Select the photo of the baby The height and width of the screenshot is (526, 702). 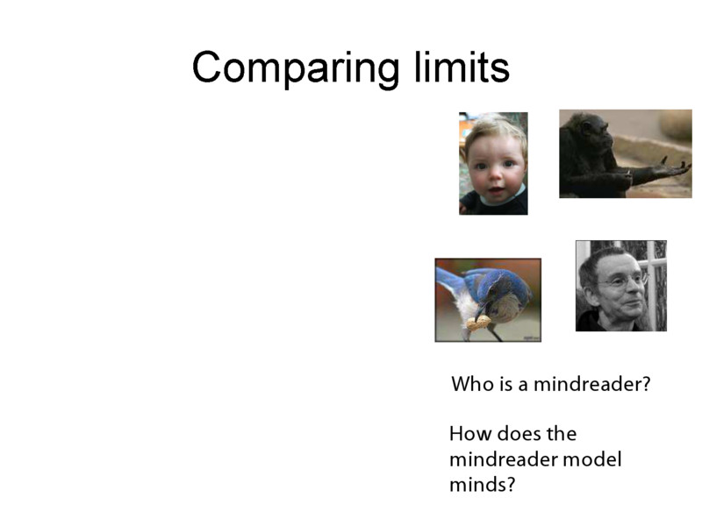pos(493,163)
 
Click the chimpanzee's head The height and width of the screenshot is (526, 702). pos(590,131)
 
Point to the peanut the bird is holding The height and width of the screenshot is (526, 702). pos(479,323)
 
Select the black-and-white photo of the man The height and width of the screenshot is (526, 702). pos(620,286)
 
